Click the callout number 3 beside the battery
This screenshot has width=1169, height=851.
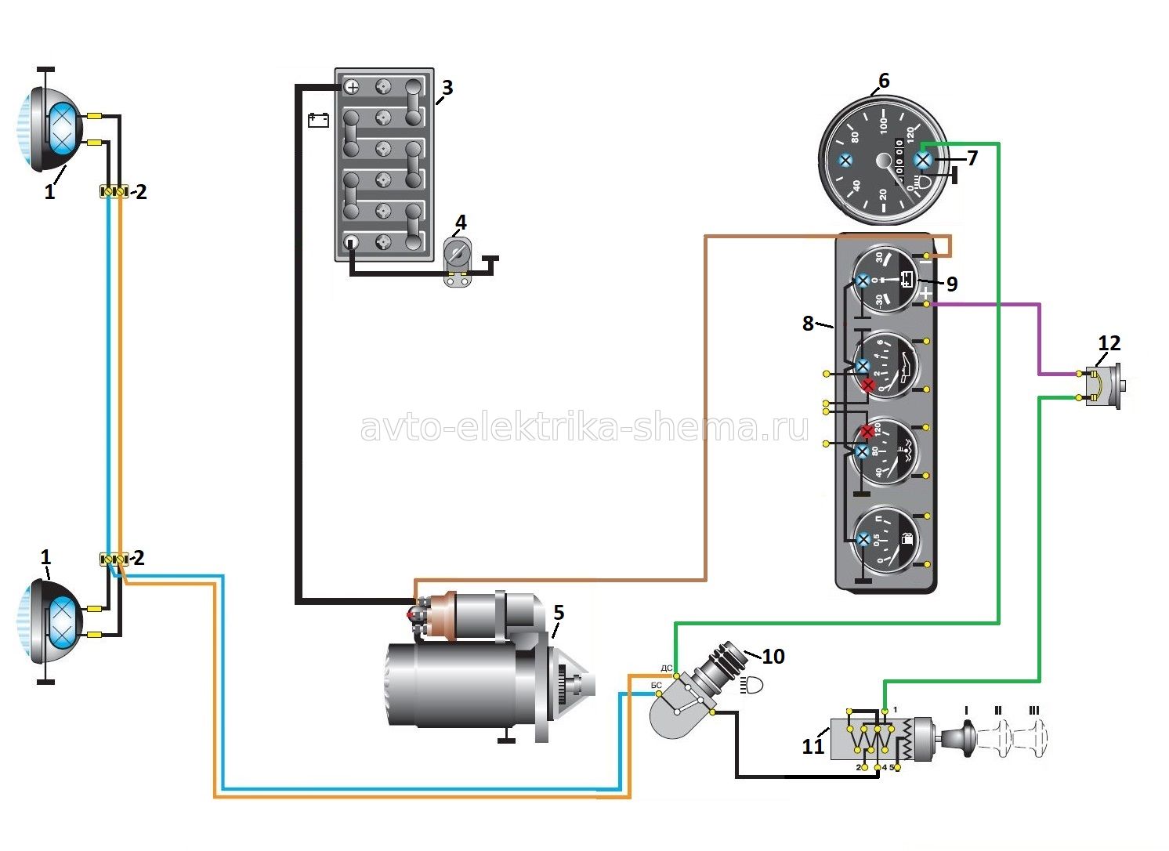(x=447, y=87)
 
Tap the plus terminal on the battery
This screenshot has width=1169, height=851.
(x=352, y=87)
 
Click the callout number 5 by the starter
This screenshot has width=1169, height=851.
(x=558, y=611)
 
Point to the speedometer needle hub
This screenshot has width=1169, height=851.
(x=884, y=160)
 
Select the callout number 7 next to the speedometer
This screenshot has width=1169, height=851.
(x=972, y=158)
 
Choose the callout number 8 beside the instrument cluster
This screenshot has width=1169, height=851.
(x=808, y=322)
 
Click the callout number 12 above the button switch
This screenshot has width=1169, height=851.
(x=1109, y=342)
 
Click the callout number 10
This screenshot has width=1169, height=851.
(x=773, y=656)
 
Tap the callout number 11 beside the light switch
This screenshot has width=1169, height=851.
(x=813, y=745)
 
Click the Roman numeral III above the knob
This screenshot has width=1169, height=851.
(x=1034, y=711)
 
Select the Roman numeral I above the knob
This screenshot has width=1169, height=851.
(x=966, y=711)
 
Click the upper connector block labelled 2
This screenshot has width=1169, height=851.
(x=114, y=191)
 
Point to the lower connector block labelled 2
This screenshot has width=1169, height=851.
(x=114, y=559)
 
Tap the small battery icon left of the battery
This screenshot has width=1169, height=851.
(x=318, y=120)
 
